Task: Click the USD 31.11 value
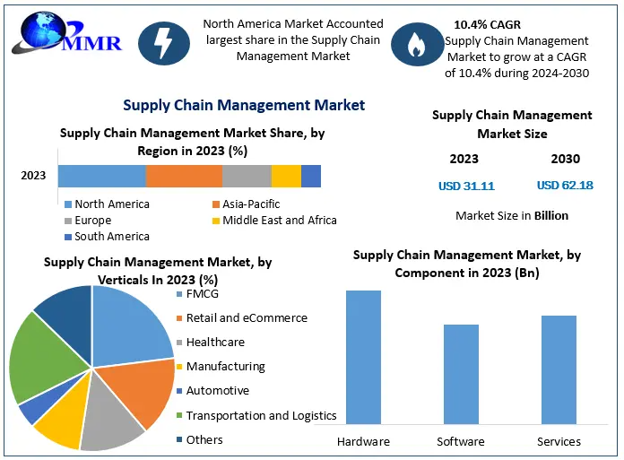(x=465, y=187)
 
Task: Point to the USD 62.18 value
(x=565, y=186)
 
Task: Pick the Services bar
(x=559, y=369)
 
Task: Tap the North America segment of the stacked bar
(x=102, y=176)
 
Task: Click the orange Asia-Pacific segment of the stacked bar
(x=184, y=176)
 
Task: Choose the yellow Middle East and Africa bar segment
(x=286, y=176)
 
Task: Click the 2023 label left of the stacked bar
(x=33, y=176)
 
